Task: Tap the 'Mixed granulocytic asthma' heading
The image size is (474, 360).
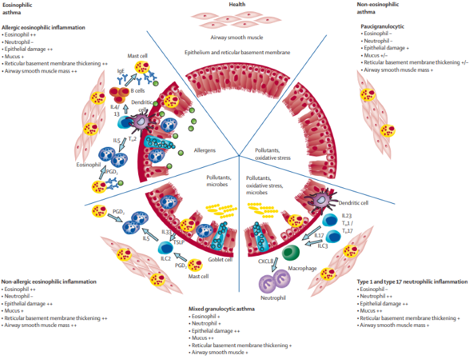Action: tap(223, 309)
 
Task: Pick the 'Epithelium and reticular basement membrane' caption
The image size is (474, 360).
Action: tap(236, 52)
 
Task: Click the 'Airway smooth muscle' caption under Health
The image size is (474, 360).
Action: tap(236, 38)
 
